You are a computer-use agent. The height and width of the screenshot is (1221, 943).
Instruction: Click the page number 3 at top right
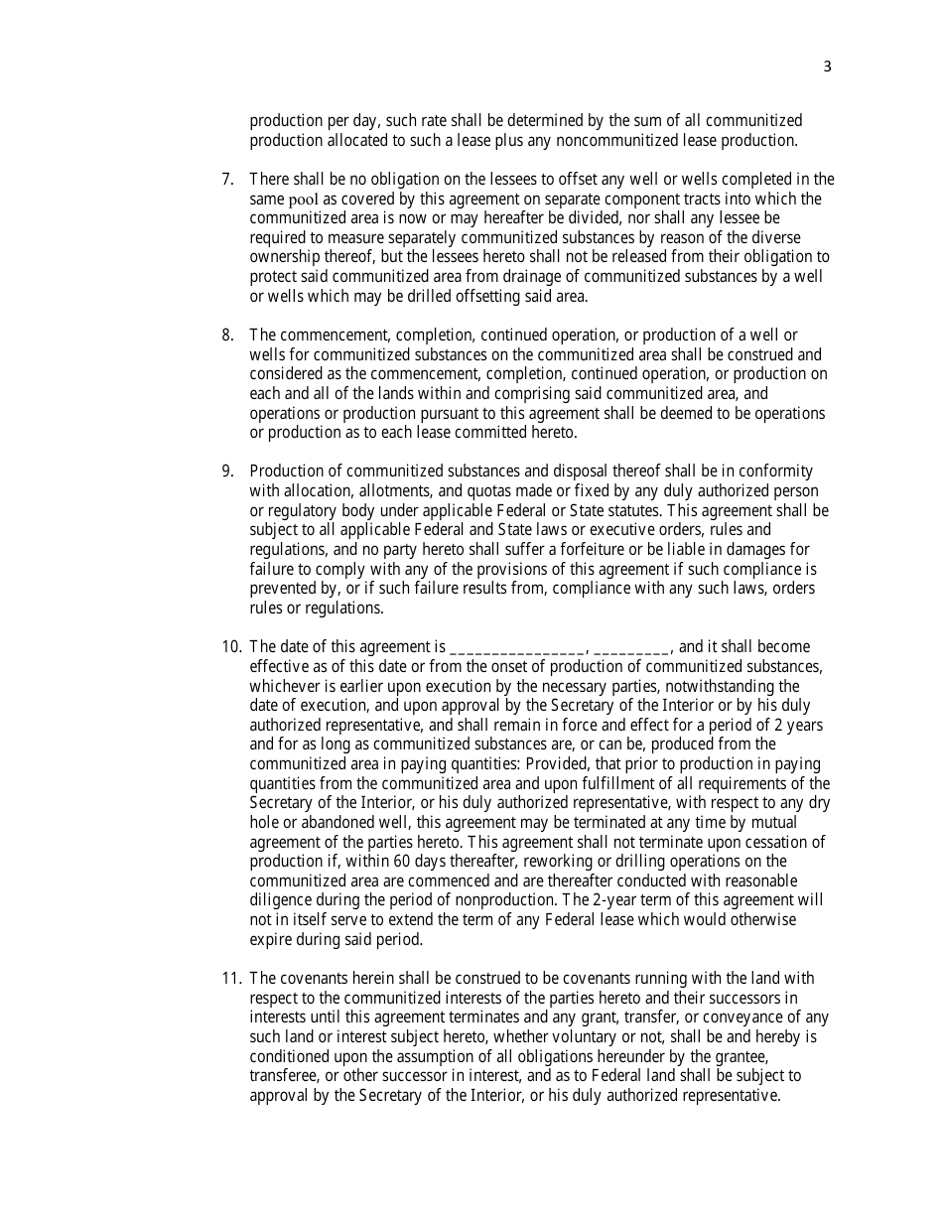point(827,68)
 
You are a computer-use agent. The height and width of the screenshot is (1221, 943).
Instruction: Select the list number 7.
point(227,180)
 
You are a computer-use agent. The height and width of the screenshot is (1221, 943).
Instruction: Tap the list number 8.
point(227,336)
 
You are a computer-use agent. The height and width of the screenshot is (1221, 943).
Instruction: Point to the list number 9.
point(227,472)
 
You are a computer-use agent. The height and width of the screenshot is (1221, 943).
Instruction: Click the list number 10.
point(231,647)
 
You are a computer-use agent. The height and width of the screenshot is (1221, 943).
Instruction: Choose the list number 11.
point(231,979)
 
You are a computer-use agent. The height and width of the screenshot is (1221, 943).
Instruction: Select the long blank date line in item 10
point(517,647)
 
